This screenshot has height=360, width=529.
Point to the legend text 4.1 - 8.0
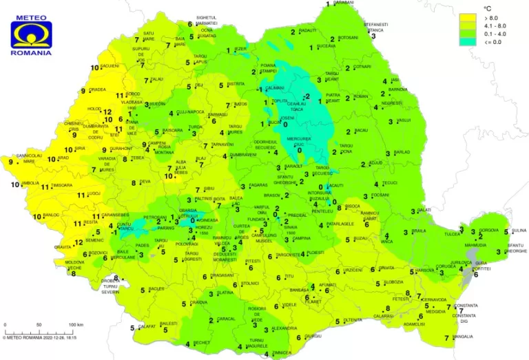coord(495,25)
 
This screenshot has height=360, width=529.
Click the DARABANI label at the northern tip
coord(343,3)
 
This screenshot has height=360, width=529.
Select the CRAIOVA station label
coord(199,302)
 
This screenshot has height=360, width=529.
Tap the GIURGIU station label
coord(313,336)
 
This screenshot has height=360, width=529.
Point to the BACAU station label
coord(362,130)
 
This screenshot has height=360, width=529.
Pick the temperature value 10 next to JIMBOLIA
coord(14,184)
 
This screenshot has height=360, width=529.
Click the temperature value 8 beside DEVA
coord(134,182)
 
